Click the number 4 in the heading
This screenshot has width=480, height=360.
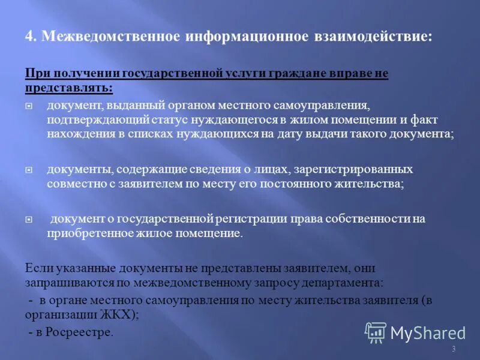[x=29, y=36]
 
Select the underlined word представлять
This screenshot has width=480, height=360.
[x=68, y=88]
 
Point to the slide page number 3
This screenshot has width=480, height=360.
[x=454, y=349]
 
